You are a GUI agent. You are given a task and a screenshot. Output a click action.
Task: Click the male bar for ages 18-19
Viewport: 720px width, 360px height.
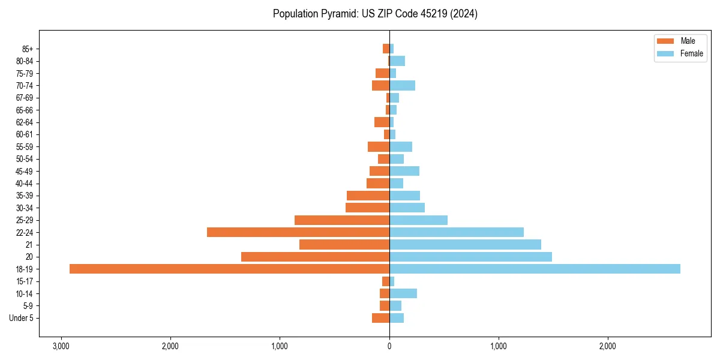pyautogui.click(x=229, y=269)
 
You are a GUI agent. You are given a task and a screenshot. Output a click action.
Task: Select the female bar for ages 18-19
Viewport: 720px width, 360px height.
pyautogui.click(x=535, y=269)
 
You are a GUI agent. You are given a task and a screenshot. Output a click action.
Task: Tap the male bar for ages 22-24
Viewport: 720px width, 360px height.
pyautogui.click(x=298, y=232)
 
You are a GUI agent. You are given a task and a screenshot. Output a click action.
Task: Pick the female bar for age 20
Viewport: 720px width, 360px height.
pyautogui.click(x=470, y=257)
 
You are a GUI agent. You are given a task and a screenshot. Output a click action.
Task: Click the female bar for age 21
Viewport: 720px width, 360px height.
pyautogui.click(x=465, y=244)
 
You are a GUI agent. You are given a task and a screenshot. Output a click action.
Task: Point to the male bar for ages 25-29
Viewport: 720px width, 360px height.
pyautogui.click(x=342, y=220)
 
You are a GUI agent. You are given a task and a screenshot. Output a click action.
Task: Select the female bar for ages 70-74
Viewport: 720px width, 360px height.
pyautogui.click(x=402, y=86)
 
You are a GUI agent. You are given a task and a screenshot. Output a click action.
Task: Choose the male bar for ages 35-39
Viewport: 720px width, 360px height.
pyautogui.click(x=368, y=196)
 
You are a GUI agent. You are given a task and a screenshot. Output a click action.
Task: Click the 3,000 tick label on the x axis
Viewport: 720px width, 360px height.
pyautogui.click(x=61, y=346)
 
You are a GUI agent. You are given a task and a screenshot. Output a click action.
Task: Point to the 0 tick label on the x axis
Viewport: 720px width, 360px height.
pyautogui.click(x=389, y=346)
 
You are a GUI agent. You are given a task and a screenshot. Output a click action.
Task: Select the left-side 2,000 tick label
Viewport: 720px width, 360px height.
pyautogui.click(x=170, y=346)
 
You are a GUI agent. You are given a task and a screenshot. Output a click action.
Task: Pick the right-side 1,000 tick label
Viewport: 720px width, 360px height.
pyautogui.click(x=499, y=346)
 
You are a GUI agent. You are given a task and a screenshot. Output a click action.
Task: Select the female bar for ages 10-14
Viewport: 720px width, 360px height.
pyautogui.click(x=403, y=293)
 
